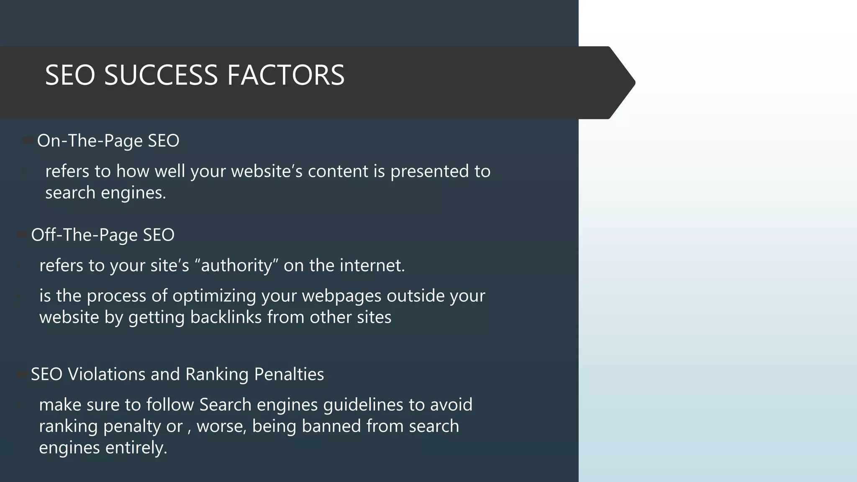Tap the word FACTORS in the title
click(x=286, y=75)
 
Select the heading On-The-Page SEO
click(x=108, y=141)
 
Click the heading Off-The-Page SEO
click(x=103, y=235)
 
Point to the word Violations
click(x=106, y=374)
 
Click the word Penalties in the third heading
click(x=289, y=374)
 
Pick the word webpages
click(x=341, y=296)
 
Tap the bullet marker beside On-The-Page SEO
click(x=28, y=141)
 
